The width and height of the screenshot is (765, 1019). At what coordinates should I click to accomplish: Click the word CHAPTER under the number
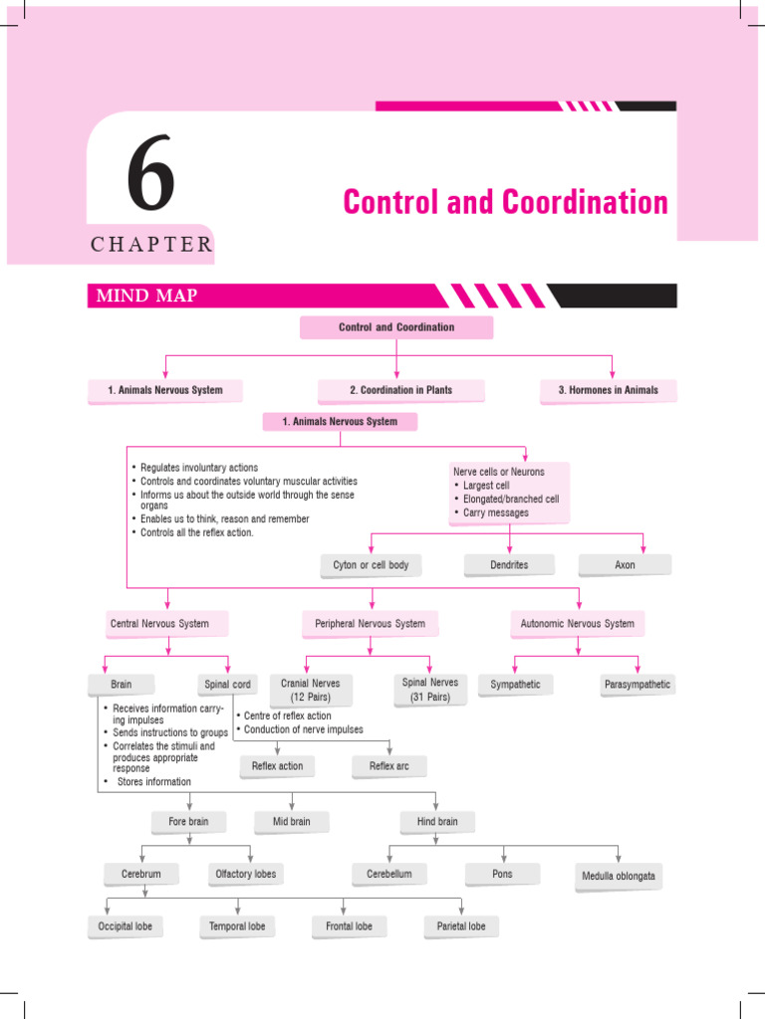pyautogui.click(x=150, y=245)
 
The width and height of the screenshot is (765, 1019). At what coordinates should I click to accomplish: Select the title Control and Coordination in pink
pyautogui.click(x=505, y=202)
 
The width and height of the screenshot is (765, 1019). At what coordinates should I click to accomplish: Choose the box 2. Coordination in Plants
pyautogui.click(x=400, y=390)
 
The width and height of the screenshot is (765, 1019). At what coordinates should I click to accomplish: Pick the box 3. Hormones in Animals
pyautogui.click(x=608, y=390)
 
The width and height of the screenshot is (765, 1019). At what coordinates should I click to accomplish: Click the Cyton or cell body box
pyautogui.click(x=371, y=565)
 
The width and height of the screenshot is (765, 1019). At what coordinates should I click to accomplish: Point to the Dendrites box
pyautogui.click(x=510, y=565)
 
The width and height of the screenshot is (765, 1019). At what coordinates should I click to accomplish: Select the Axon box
pyautogui.click(x=625, y=565)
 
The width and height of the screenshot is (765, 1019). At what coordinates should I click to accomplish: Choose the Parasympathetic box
pyautogui.click(x=637, y=685)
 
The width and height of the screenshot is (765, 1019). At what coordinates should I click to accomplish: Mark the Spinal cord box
pyautogui.click(x=227, y=685)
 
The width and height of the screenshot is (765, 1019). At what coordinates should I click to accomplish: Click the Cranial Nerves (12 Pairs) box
pyautogui.click(x=311, y=690)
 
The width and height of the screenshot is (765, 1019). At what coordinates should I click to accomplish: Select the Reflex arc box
pyautogui.click(x=388, y=766)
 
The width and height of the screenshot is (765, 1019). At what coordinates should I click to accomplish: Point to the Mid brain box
pyautogui.click(x=291, y=822)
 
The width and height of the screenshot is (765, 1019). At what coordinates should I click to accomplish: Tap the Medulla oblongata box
pyautogui.click(x=619, y=877)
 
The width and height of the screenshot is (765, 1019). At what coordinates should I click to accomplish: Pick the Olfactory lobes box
pyautogui.click(x=246, y=874)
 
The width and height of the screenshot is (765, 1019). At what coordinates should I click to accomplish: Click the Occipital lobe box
pyautogui.click(x=125, y=926)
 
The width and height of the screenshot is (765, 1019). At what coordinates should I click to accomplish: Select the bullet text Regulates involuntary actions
pyautogui.click(x=198, y=468)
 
